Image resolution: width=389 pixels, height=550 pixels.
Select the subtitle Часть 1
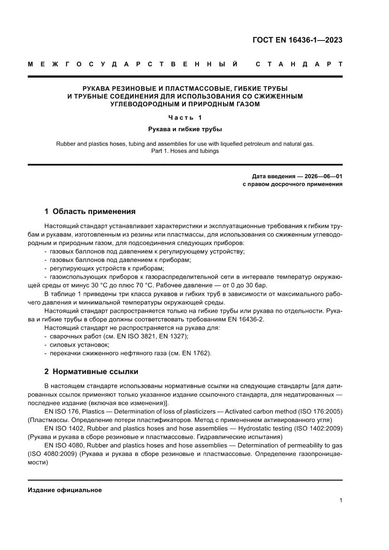(184, 118)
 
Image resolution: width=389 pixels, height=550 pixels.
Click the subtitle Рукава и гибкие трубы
(185, 128)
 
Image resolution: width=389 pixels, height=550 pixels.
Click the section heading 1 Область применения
(90, 211)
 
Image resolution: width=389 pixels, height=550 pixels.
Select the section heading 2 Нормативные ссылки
(91, 372)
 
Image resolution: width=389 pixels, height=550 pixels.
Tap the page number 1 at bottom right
(340, 501)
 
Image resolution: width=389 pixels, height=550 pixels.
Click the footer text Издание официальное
(65, 490)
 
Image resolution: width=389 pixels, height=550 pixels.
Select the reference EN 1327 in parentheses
(172, 336)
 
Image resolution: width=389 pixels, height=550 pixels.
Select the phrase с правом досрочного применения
(292, 184)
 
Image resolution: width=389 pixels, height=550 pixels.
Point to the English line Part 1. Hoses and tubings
(185, 151)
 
